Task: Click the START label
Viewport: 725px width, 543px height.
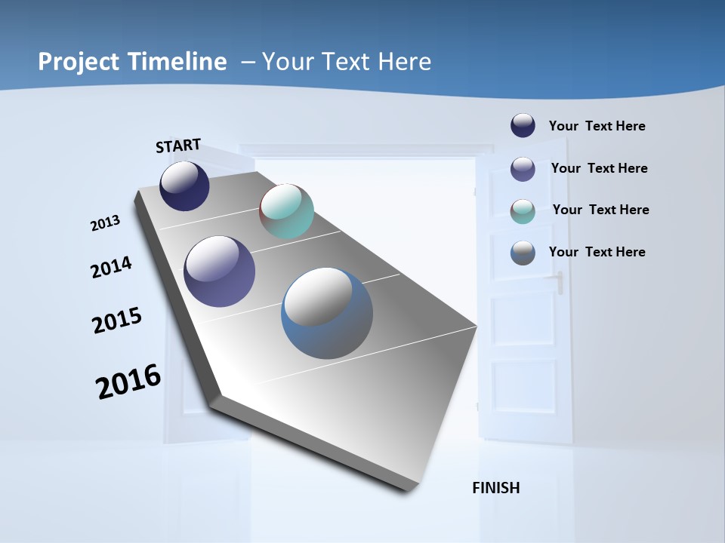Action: (178, 146)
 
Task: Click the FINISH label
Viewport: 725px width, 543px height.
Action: (496, 488)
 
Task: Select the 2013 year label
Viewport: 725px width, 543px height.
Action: (105, 222)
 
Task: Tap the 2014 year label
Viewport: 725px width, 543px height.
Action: (111, 267)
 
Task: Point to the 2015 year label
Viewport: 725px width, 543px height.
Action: (117, 321)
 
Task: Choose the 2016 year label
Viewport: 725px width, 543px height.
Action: (128, 382)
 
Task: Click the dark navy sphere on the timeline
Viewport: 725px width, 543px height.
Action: (184, 186)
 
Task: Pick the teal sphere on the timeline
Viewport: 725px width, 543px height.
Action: (286, 211)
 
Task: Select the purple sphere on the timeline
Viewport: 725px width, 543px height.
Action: (219, 271)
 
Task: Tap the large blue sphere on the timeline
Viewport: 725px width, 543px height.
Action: (327, 313)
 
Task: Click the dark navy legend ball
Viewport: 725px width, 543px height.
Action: (523, 126)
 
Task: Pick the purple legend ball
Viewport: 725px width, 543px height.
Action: (523, 169)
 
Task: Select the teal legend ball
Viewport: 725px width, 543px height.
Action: (523, 211)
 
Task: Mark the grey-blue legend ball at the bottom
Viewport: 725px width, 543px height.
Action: (523, 253)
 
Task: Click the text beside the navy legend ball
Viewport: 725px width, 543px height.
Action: (597, 126)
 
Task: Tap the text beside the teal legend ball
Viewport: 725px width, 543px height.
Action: (600, 210)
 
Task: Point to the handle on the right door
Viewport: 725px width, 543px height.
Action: (559, 283)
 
